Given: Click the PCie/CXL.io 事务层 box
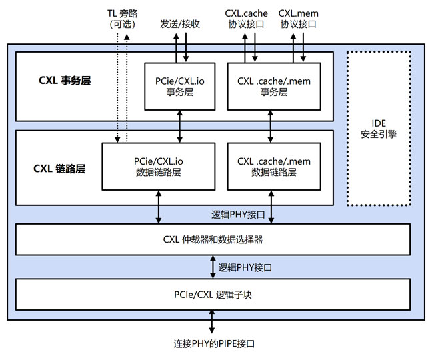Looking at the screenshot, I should [180, 87].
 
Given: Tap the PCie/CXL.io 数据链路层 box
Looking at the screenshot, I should [158, 166].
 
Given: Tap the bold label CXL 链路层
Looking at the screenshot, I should [59, 169].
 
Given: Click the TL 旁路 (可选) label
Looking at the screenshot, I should [121, 18].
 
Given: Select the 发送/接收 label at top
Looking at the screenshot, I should [180, 23].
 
